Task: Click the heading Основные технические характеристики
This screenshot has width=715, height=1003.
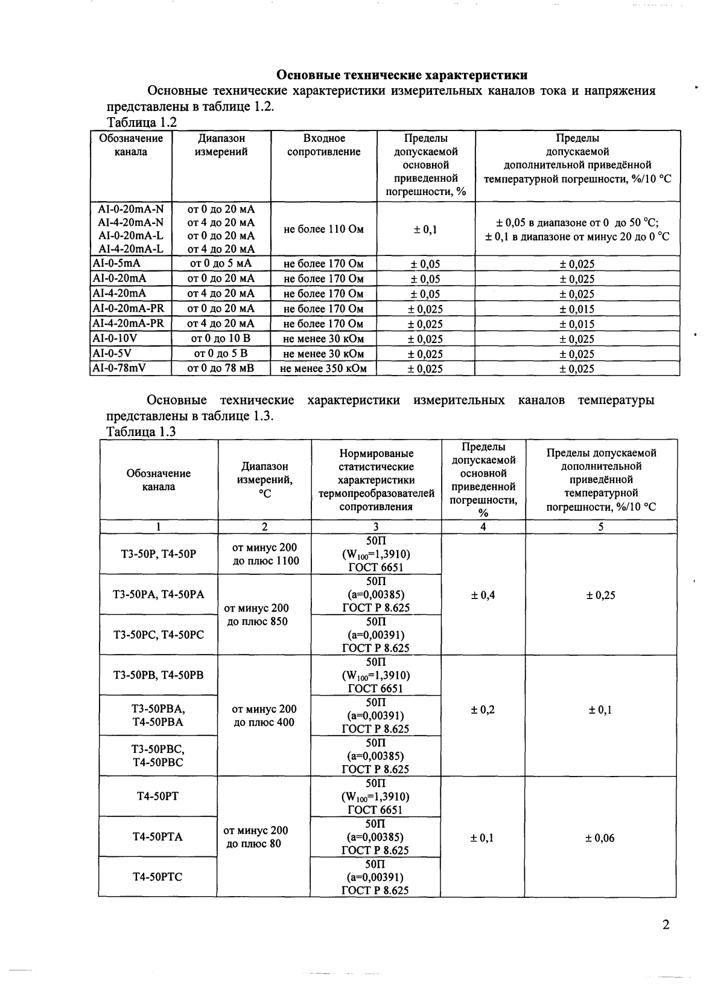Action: coord(402,75)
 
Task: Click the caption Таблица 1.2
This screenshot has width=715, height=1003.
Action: coord(141,123)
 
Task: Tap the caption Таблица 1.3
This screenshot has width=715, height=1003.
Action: coord(141,432)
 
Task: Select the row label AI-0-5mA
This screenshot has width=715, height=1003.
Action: coord(116,263)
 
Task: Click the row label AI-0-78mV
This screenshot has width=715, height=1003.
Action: coord(119,368)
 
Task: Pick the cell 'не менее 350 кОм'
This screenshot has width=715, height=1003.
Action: coord(323,368)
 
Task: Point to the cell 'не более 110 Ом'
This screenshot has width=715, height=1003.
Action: coord(323,229)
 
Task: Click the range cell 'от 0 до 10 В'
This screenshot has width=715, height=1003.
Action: coord(221,339)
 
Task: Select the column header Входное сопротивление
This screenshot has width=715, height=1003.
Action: coord(323,146)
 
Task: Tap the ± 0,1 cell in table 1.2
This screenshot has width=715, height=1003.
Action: coord(425,229)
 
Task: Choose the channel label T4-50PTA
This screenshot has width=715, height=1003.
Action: coord(157,836)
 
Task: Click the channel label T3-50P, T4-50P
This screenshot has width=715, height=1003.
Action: coord(159,554)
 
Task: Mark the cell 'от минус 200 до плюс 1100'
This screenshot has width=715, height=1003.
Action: coord(265,554)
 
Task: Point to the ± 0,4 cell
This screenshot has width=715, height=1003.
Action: coord(483,595)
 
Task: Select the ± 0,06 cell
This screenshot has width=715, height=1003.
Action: coord(600,838)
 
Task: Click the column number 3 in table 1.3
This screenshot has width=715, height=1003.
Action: coord(376,527)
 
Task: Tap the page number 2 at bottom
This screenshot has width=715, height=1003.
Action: coord(666,924)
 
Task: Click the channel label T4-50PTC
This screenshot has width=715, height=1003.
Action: coord(157,877)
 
